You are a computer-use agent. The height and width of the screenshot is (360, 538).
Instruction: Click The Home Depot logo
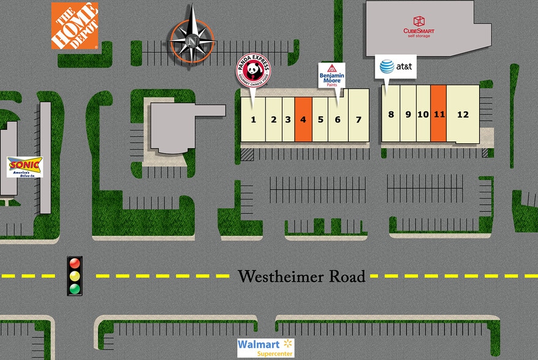click(x=74, y=25)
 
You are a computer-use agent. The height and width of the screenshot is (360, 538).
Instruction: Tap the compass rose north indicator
click(x=192, y=41)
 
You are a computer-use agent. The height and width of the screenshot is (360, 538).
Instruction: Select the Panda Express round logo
click(x=254, y=71)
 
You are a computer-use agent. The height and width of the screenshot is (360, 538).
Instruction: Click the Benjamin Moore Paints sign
click(x=332, y=75)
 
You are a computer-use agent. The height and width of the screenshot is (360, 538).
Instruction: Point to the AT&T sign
click(x=396, y=66)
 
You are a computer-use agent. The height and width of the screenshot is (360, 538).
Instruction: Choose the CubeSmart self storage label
click(x=420, y=27)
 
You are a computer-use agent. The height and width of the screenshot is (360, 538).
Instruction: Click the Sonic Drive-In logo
click(x=25, y=167)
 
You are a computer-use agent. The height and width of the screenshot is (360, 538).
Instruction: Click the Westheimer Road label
click(x=301, y=277)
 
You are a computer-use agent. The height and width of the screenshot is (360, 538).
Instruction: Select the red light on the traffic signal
click(x=75, y=263)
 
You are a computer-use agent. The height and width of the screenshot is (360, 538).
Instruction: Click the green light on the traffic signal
click(x=75, y=288)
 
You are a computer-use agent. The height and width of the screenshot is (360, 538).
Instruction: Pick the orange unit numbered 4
click(x=303, y=119)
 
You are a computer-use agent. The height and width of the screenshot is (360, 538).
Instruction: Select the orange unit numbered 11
click(x=438, y=114)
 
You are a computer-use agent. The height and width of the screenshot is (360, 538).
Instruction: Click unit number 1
click(x=253, y=119)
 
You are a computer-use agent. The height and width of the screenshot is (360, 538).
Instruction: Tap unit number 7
click(x=359, y=119)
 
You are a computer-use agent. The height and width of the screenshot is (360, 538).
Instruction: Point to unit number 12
click(x=463, y=114)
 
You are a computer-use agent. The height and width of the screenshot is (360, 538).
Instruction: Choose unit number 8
click(x=391, y=114)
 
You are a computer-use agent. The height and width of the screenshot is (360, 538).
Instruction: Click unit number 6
click(x=338, y=119)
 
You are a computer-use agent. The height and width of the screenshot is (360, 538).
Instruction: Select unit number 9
click(x=408, y=114)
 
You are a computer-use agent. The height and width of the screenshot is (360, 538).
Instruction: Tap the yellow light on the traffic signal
click(x=75, y=276)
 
